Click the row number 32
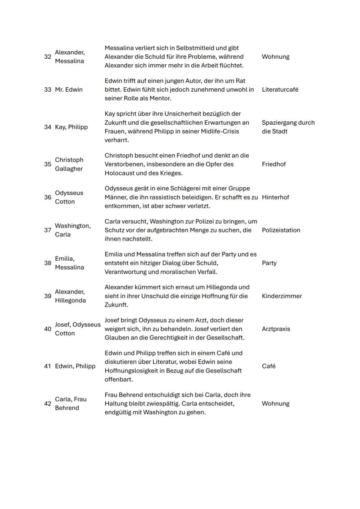pos(47,57)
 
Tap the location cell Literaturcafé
pos(280,90)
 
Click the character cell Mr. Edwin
pos(69,90)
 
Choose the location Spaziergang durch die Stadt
pos(288,127)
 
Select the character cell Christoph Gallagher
pos(69,164)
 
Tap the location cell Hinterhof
pos(275,197)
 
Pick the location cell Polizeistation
pos(281,230)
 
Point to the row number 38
pos(47,263)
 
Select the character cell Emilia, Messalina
pos(70,263)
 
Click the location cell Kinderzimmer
pos(282,296)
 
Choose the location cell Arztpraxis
pos(277,329)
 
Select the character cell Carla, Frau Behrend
pos(70,404)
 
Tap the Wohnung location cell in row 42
pos(276,404)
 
